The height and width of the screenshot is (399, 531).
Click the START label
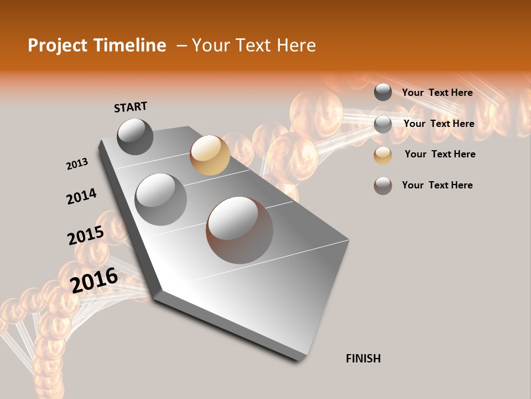131,107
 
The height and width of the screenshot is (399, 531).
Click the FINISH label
363,359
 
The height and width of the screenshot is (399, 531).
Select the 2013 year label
77,163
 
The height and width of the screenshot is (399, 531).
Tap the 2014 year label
81,197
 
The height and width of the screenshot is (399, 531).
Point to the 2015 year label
85,236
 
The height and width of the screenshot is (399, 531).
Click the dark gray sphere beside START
135,136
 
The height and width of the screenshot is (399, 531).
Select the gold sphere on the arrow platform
210,155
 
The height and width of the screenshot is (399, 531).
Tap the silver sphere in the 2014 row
160,199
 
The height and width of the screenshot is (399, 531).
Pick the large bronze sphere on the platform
240,230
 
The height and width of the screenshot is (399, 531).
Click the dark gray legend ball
383,92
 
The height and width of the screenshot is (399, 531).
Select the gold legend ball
383,155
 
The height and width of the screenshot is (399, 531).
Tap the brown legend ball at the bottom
383,186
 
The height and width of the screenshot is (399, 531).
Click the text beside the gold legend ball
440,154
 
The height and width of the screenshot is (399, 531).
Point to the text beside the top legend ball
437,93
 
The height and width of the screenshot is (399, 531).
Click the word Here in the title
296,45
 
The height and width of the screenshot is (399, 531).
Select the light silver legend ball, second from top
383,124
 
